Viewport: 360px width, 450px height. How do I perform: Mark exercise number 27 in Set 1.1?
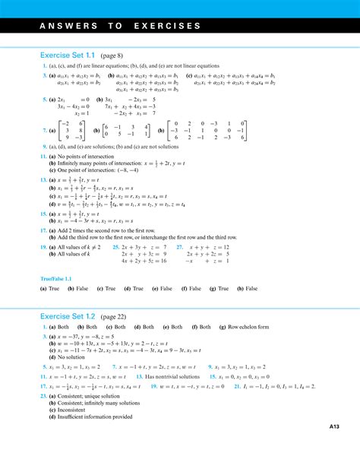[x=179, y=247]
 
